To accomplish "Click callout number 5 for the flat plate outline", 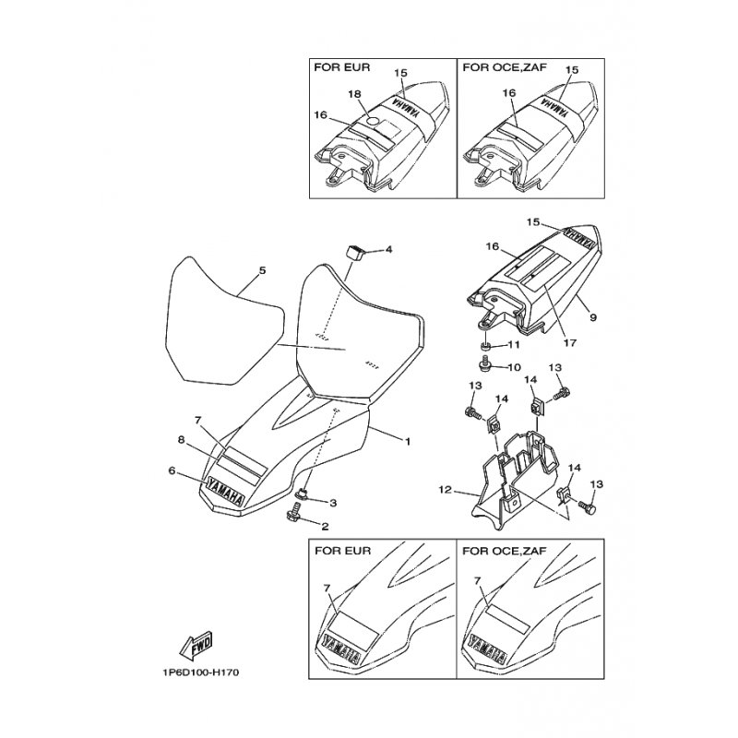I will coord(262,271).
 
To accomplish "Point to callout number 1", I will coord(407,442).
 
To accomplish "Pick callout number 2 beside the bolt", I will coord(324,527).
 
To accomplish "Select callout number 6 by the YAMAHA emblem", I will coord(172,470).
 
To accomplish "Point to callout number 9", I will coord(592,317).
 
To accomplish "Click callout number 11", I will coord(515,345).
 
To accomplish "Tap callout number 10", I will coord(515,366).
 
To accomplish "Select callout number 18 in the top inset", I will coord(353,95).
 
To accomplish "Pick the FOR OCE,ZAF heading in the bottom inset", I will coord(504,551).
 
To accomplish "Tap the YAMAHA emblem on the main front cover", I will coord(227,490).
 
